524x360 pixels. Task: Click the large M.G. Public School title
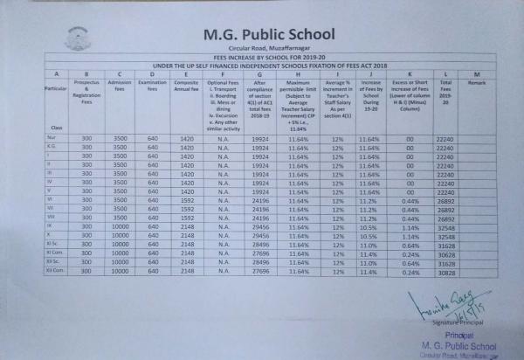pyautogui.click(x=263, y=35)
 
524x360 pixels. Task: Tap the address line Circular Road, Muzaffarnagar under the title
pyautogui.click(x=262, y=51)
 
